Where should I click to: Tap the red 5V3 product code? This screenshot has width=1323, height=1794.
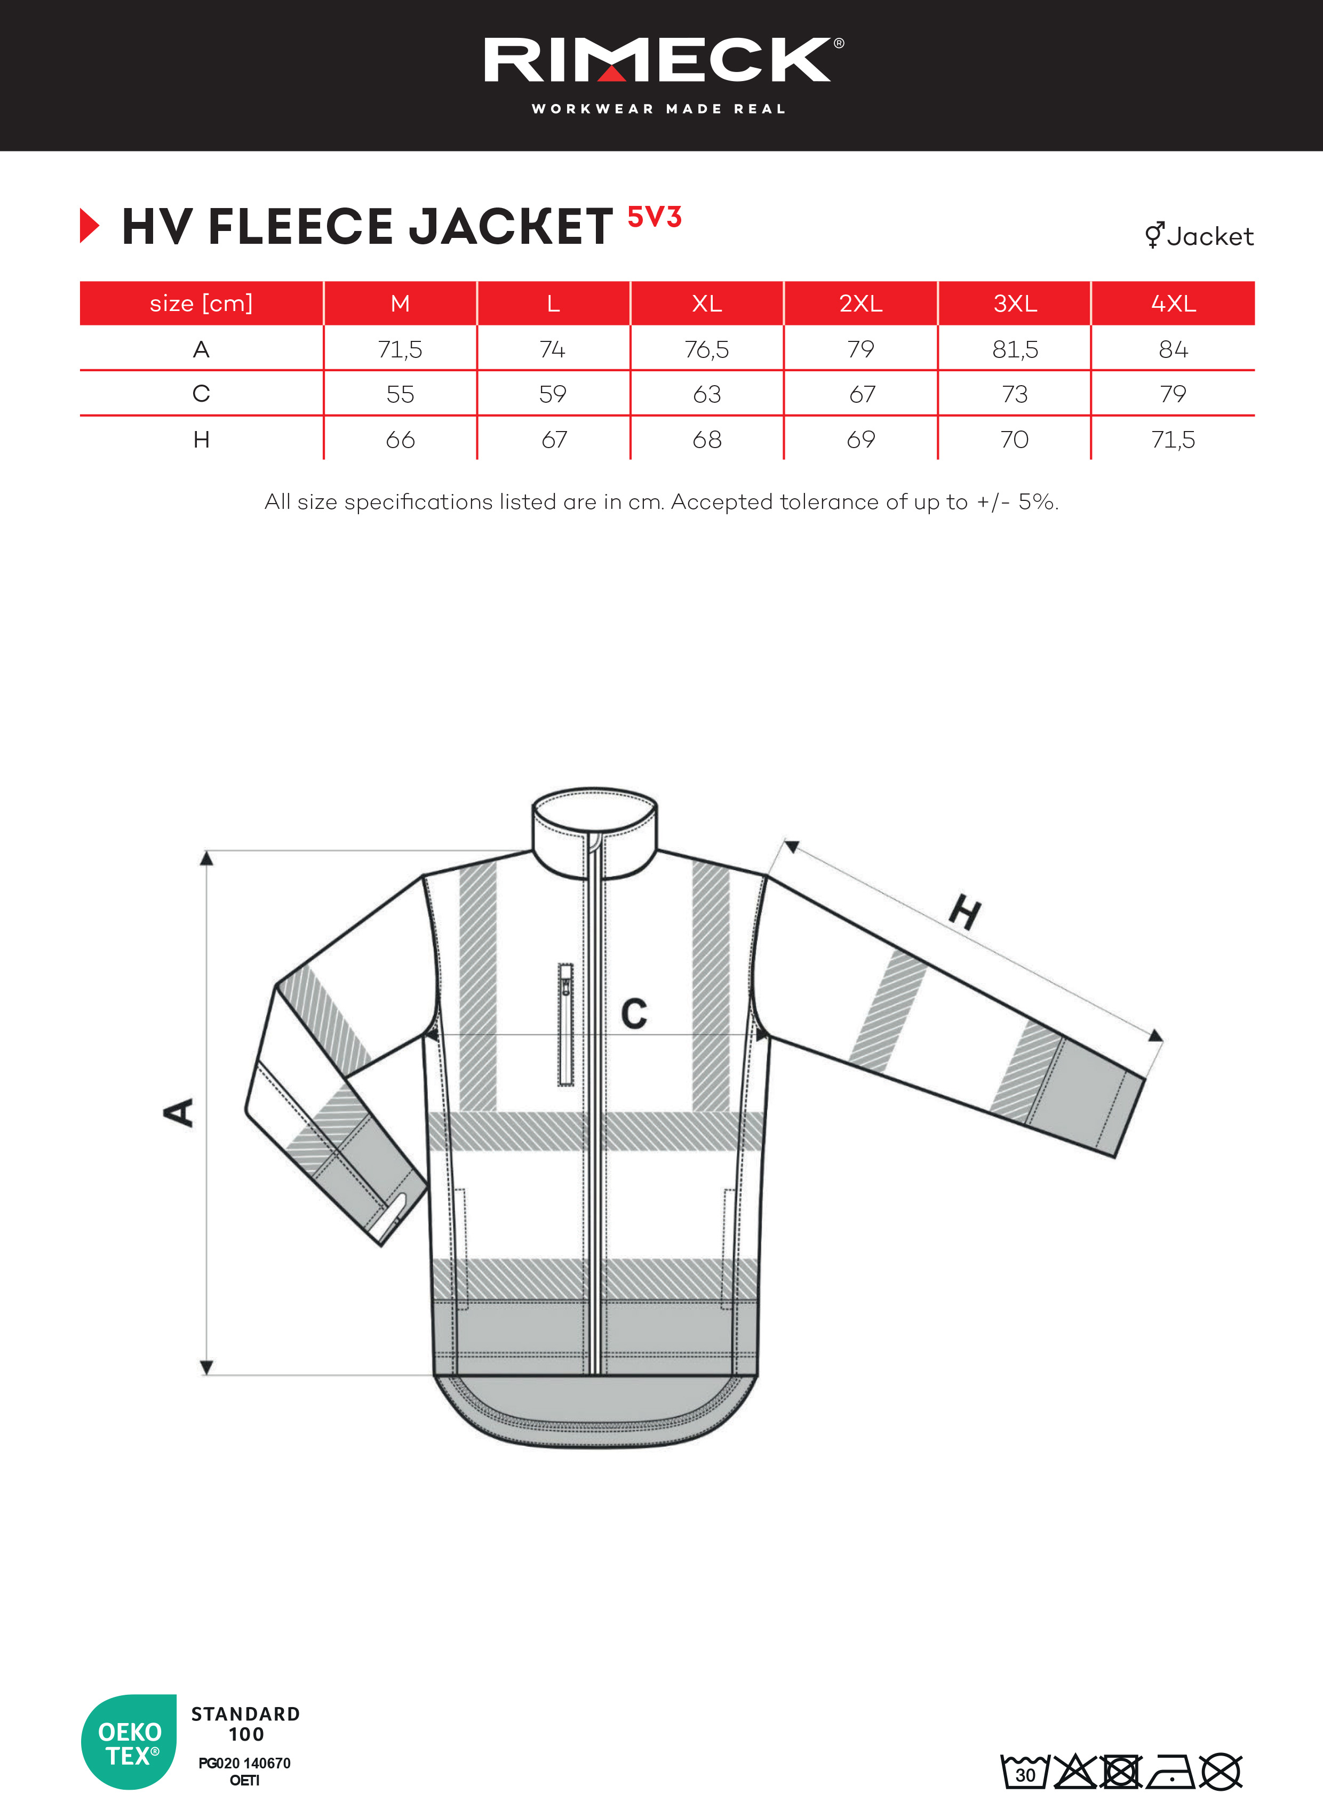point(653,217)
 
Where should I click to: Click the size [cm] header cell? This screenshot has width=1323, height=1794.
point(201,304)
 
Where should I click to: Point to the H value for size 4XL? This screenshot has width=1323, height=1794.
point(1173,440)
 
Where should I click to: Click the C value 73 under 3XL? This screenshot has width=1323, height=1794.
point(1014,394)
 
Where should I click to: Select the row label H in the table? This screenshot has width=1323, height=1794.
point(201,440)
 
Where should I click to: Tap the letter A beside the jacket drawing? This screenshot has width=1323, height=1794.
point(179,1112)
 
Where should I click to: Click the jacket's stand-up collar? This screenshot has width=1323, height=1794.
point(595,829)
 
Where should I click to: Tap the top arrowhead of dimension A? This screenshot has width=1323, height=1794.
point(206,858)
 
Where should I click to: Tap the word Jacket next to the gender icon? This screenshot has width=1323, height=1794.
point(1209,236)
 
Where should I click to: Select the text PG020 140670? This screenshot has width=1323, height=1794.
point(244,1763)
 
